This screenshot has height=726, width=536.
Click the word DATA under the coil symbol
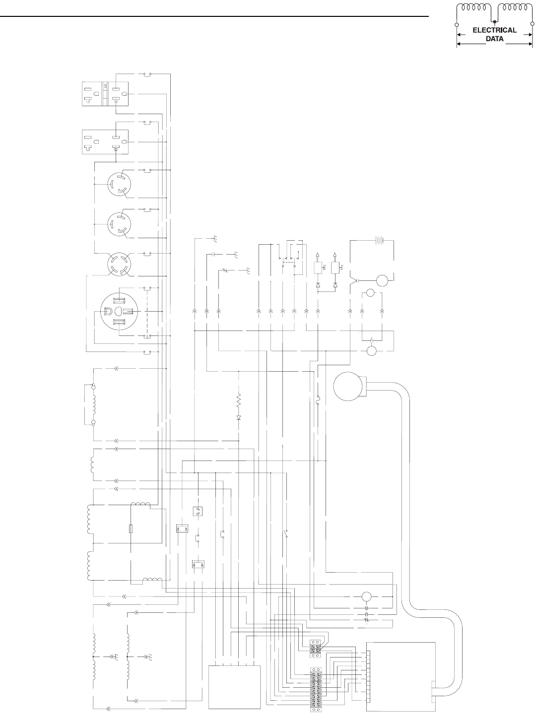[x=494, y=37]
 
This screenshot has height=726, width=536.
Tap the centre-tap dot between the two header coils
[x=494, y=22]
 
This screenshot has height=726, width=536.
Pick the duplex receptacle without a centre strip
[x=105, y=141]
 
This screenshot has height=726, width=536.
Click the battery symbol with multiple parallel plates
[x=379, y=241]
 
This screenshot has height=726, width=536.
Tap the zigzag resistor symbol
[x=239, y=399]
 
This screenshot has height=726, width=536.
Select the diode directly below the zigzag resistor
[x=239, y=417]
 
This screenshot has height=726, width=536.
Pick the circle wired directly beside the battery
[x=383, y=281]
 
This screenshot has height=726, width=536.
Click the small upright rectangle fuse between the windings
[x=131, y=529]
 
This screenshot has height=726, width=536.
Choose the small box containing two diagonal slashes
[x=198, y=511]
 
